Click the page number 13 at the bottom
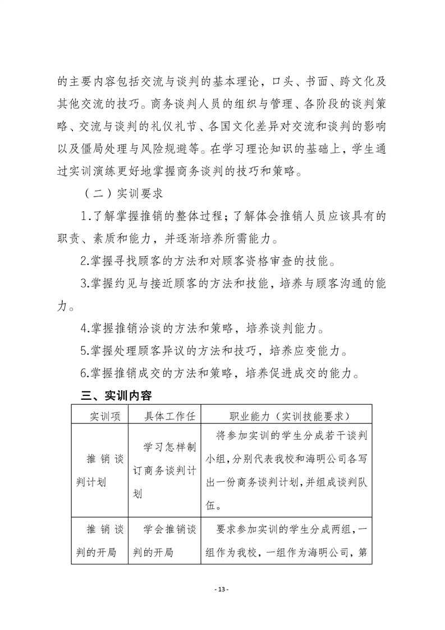pos(222,589)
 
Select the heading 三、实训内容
pos(116,396)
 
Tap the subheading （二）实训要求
pos(123,194)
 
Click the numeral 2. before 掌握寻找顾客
pos(85,262)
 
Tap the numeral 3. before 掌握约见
pos(85,284)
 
